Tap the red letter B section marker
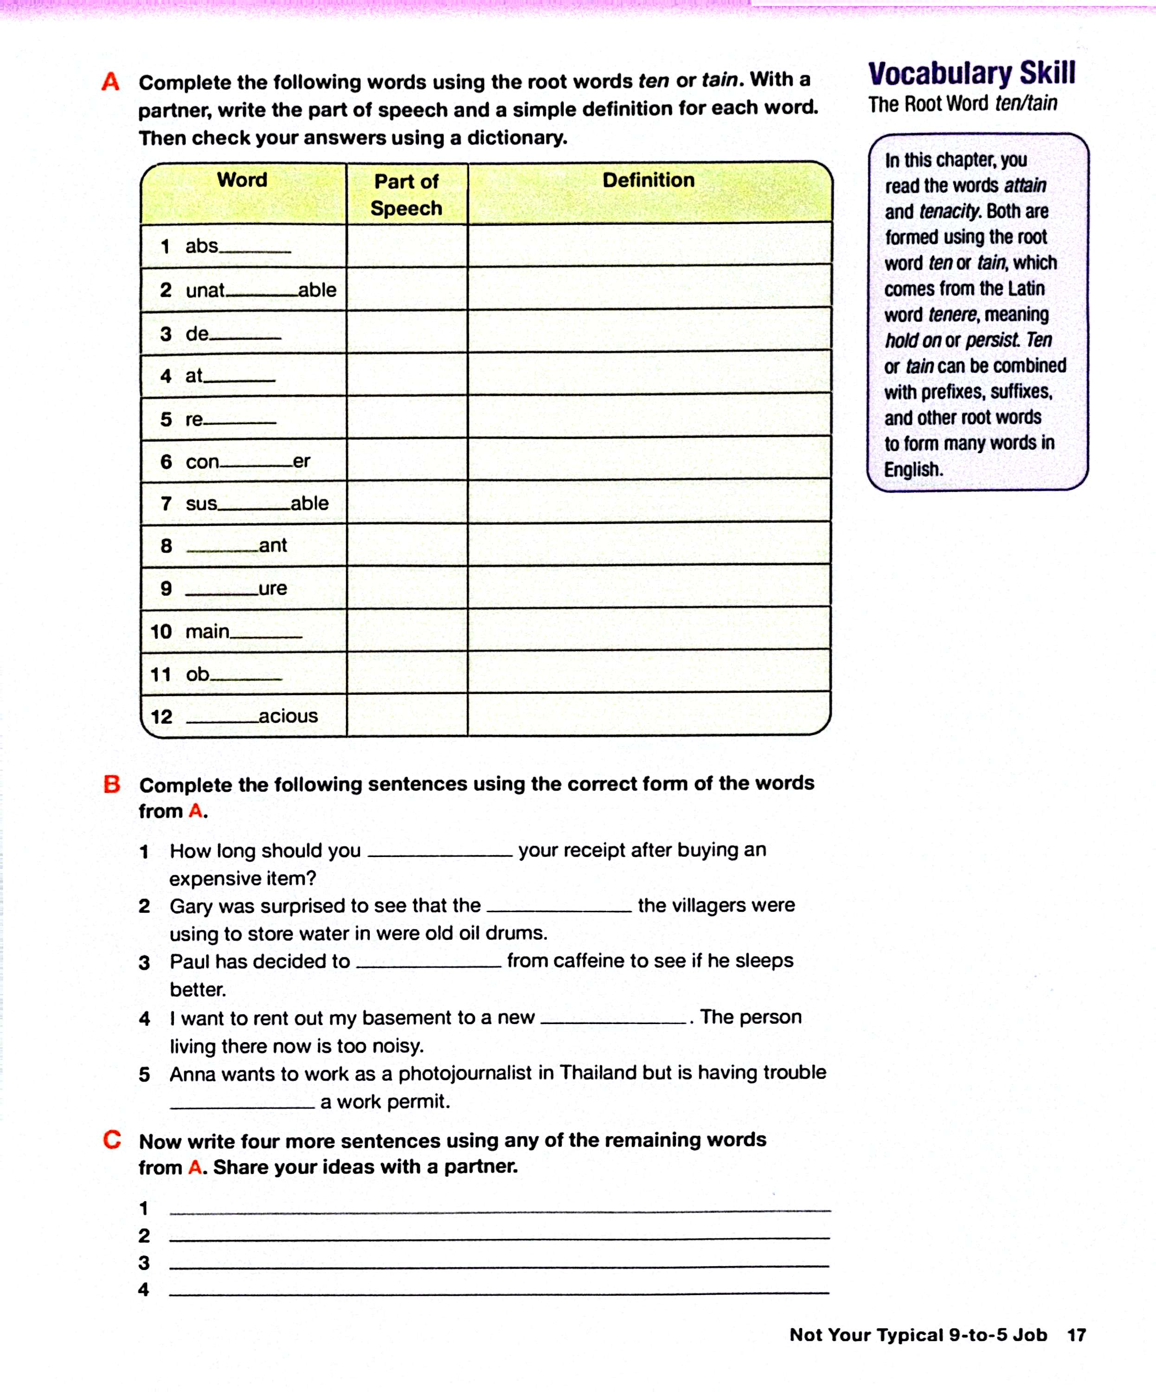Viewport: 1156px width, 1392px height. click(x=112, y=784)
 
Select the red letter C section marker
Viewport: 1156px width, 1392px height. click(x=112, y=1140)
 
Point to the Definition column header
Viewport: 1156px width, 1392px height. click(x=648, y=180)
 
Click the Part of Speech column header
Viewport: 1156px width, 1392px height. click(x=406, y=194)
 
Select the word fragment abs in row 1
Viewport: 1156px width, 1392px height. click(x=201, y=246)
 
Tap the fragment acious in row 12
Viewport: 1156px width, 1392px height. click(x=289, y=716)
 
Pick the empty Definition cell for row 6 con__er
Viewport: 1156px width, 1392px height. click(x=649, y=458)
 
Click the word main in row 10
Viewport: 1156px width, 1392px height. click(x=207, y=631)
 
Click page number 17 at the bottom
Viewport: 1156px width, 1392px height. click(x=1077, y=1335)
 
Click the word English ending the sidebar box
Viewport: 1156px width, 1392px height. click(x=913, y=469)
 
